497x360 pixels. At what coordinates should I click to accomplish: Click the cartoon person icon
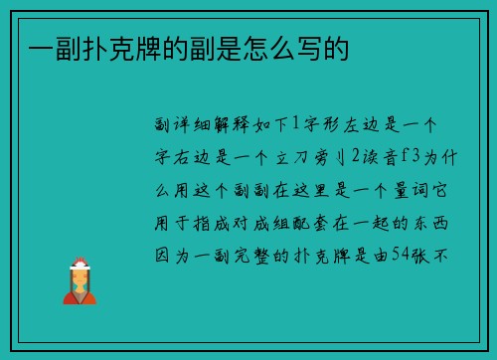point(80,281)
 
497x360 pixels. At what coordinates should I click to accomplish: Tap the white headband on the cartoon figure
point(80,266)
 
